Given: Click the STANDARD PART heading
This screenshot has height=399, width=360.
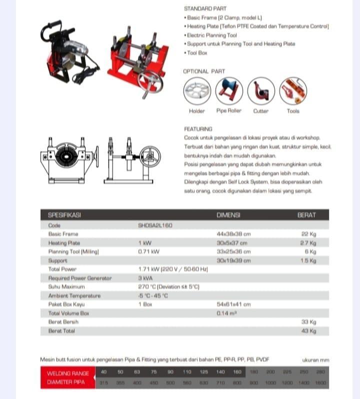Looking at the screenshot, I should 205,8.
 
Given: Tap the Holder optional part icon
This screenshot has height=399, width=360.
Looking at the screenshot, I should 197,91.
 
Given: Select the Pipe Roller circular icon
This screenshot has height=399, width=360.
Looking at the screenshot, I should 229,91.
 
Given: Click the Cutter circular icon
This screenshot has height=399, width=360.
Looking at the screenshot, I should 261,91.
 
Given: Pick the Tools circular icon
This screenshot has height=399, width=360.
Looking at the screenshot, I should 293,91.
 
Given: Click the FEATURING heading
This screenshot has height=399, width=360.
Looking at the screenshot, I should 198,128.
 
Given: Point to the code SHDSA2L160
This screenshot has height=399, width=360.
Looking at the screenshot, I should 155,225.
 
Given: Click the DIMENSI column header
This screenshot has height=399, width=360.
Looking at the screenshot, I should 228,215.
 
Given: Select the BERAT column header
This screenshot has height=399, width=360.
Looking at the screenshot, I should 306,215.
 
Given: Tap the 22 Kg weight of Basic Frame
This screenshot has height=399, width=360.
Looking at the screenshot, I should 309,234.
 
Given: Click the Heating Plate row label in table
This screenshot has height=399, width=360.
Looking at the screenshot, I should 64,243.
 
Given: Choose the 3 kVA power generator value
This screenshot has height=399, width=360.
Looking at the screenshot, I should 145,278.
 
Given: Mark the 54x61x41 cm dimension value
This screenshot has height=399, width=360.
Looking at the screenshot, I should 233,304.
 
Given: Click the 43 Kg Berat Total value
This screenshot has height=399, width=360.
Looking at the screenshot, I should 309,331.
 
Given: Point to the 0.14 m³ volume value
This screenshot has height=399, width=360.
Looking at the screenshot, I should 226,313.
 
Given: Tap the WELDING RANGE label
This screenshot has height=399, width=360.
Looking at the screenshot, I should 67,373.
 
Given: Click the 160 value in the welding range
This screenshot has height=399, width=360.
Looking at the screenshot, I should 237,372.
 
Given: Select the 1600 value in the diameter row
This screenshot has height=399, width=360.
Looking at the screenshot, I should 320,382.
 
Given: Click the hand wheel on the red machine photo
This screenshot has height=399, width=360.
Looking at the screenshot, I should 150,80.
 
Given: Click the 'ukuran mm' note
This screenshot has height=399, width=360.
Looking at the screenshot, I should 315,359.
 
